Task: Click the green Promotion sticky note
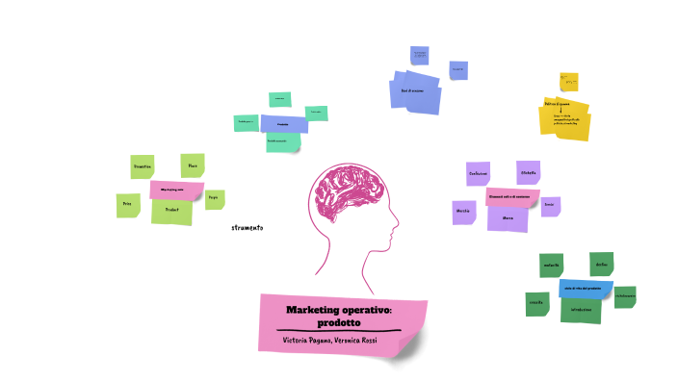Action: point(142,166)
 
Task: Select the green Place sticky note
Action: point(193,165)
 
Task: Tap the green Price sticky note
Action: point(126,205)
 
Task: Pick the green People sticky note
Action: point(214,198)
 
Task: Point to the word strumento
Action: point(247,228)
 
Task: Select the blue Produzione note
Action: point(284,124)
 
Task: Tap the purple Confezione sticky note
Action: point(478,173)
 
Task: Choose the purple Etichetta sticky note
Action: point(528,172)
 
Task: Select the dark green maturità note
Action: point(552,266)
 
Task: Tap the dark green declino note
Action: point(601,264)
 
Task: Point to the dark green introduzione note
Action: point(581,311)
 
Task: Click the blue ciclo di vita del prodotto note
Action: point(583,289)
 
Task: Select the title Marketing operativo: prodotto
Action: point(339,316)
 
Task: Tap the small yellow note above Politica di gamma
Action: point(569,81)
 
